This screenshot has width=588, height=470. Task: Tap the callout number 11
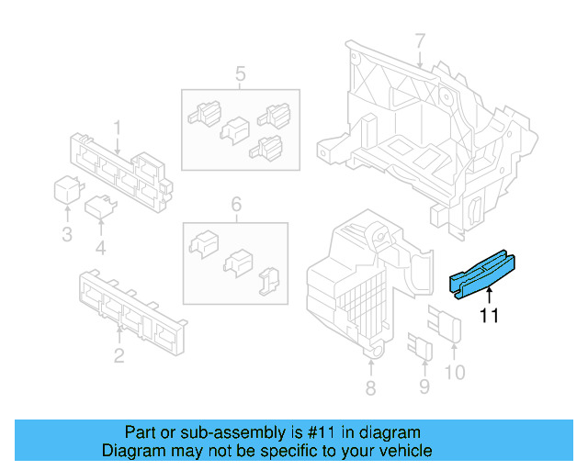pyautogui.click(x=490, y=316)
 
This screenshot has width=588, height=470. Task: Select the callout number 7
pyautogui.click(x=421, y=41)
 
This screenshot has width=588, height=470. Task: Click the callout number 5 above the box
pyautogui.click(x=241, y=73)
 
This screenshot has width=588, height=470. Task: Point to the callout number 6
pyautogui.click(x=236, y=204)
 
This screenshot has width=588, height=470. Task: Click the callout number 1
pyautogui.click(x=118, y=128)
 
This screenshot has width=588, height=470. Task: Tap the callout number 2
pyautogui.click(x=119, y=355)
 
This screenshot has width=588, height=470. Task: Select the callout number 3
pyautogui.click(x=67, y=234)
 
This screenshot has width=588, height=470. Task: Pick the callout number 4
pyautogui.click(x=100, y=248)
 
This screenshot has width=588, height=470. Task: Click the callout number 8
pyautogui.click(x=370, y=388)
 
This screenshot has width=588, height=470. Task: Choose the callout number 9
pyautogui.click(x=424, y=386)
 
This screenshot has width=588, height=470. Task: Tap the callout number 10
pyautogui.click(x=455, y=372)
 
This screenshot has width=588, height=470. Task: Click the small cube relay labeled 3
pyautogui.click(x=68, y=189)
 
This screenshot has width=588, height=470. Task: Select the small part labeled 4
pyautogui.click(x=100, y=207)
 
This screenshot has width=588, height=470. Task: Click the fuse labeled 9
pyautogui.click(x=421, y=346)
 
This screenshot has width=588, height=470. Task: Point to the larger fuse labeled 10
pyautogui.click(x=445, y=323)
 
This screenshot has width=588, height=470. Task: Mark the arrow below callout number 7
pyautogui.click(x=420, y=60)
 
